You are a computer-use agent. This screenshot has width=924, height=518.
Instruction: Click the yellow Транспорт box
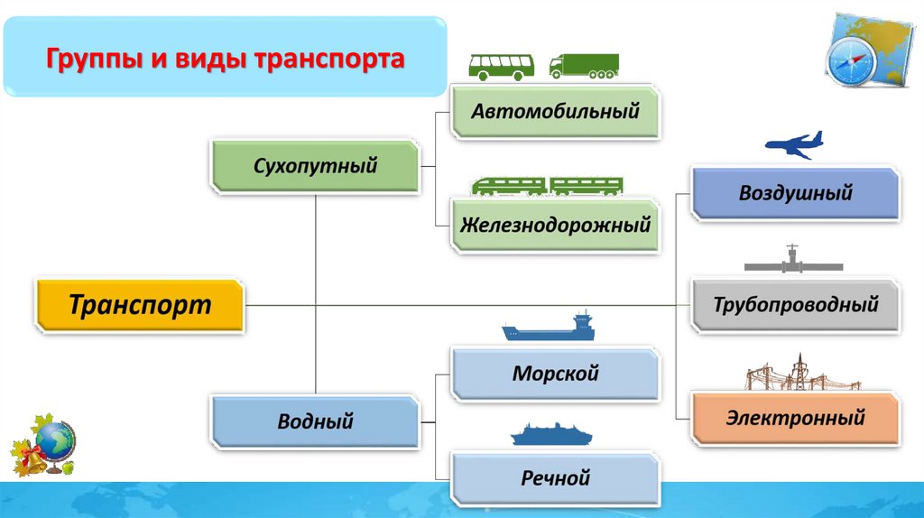[140, 304]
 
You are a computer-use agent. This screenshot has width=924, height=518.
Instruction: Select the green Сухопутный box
[316, 165]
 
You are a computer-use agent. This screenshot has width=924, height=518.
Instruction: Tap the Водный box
[316, 421]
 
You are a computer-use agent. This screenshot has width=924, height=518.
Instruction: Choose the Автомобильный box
[556, 112]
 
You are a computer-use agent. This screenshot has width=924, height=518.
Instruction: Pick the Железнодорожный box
[556, 225]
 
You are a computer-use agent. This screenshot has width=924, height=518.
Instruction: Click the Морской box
[556, 374]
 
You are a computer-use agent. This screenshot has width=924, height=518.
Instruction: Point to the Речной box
[556, 477]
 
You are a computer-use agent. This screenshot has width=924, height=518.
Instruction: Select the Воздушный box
[796, 192]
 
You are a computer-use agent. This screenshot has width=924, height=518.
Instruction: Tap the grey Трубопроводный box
[796, 305]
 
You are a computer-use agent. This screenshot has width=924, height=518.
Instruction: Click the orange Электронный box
[796, 418]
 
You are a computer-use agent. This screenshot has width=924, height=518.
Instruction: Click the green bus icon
[501, 65]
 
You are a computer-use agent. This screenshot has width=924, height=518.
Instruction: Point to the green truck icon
[585, 65]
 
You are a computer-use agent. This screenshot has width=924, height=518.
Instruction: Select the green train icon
[547, 187]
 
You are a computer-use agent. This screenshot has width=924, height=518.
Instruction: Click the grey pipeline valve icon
[793, 261]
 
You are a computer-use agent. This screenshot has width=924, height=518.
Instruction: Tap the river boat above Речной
[551, 435]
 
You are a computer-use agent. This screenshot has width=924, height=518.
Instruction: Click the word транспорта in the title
[330, 62]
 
